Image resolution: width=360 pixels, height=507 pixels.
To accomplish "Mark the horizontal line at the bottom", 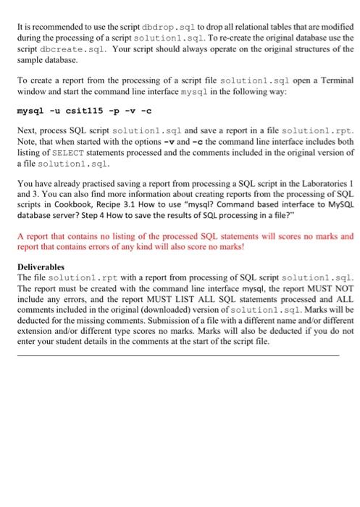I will pyautogui.click(x=177, y=355).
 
